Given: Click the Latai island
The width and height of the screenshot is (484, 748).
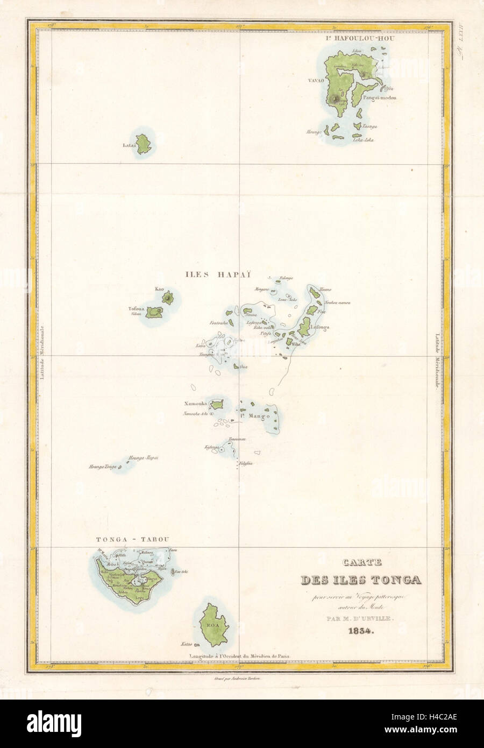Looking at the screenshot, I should coord(144,144).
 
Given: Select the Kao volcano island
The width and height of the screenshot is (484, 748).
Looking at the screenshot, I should coord(170,297).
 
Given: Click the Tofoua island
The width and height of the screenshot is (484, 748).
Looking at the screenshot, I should coord(156,312).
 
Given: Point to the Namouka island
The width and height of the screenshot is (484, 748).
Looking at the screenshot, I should coord(217,404).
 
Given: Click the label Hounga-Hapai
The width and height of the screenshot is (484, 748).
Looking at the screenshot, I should coord(143,458).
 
